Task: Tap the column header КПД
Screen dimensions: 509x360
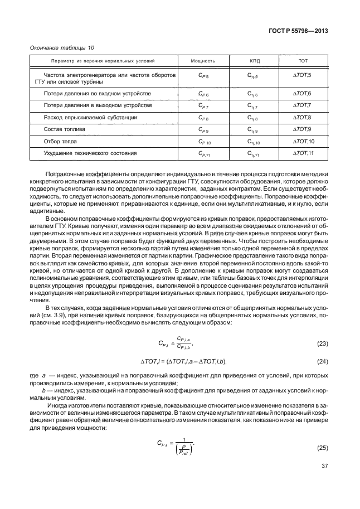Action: (x=252, y=60)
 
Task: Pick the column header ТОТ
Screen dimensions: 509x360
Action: (x=303, y=60)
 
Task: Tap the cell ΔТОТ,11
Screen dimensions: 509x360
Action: (x=304, y=153)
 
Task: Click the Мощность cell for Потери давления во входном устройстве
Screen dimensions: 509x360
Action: (x=203, y=93)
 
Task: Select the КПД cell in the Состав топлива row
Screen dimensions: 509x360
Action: (x=252, y=129)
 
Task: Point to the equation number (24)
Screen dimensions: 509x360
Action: (x=322, y=362)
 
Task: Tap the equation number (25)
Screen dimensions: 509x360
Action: (x=322, y=448)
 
